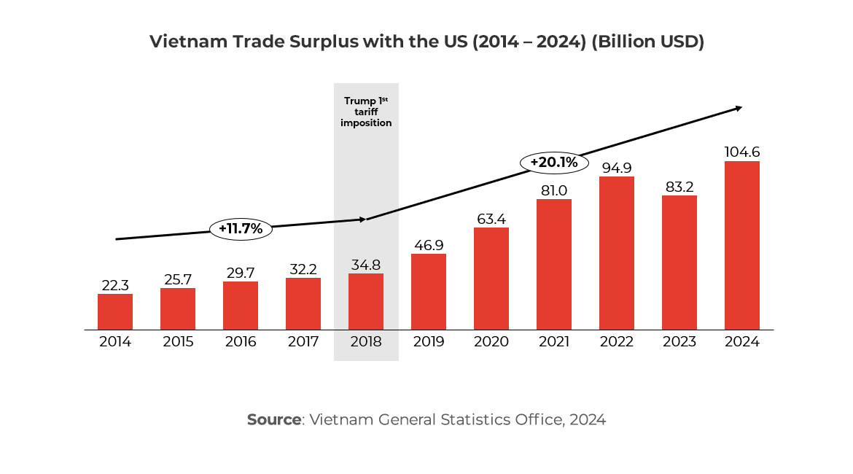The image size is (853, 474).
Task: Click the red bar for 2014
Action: coord(115,311)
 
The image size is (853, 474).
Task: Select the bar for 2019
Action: coord(429,292)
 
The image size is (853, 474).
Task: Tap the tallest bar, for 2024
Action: coord(741,245)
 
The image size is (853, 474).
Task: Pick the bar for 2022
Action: coord(616,253)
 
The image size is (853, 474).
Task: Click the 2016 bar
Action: coord(241,306)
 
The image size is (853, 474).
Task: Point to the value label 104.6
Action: coord(741,152)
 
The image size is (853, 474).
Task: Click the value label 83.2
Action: coord(679,187)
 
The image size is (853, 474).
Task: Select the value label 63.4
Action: coord(491,219)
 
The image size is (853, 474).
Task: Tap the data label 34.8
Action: coord(366,265)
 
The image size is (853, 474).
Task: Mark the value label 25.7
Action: coord(178,279)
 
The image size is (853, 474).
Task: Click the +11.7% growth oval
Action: coord(241,229)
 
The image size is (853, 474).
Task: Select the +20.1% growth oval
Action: coord(554,163)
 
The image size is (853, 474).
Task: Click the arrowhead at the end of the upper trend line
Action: coord(738,108)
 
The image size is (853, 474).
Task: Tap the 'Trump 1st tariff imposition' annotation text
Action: coord(366,112)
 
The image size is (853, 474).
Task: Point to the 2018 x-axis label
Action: coord(366,342)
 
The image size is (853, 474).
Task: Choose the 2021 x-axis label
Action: coord(554,342)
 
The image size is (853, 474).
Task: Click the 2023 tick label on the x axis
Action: coord(679,342)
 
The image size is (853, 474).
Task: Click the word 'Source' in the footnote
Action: coord(273,420)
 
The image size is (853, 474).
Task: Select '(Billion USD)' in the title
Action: coord(647,42)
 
